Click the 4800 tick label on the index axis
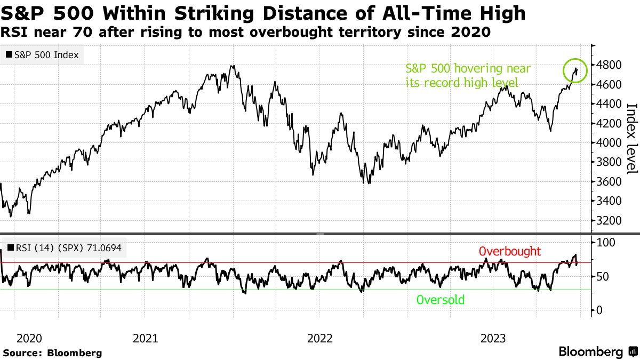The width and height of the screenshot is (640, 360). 609,65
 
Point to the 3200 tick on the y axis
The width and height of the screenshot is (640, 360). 609,220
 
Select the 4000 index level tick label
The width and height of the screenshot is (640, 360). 609,143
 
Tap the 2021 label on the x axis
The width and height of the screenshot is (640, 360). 145,338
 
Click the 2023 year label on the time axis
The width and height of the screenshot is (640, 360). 493,338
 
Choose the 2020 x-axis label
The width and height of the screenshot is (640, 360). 29,338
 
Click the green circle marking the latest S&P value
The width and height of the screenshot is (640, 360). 575,70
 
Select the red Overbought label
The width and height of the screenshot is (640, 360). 510,251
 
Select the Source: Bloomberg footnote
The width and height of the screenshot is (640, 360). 52,353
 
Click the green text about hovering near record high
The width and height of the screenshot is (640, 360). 468,75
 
